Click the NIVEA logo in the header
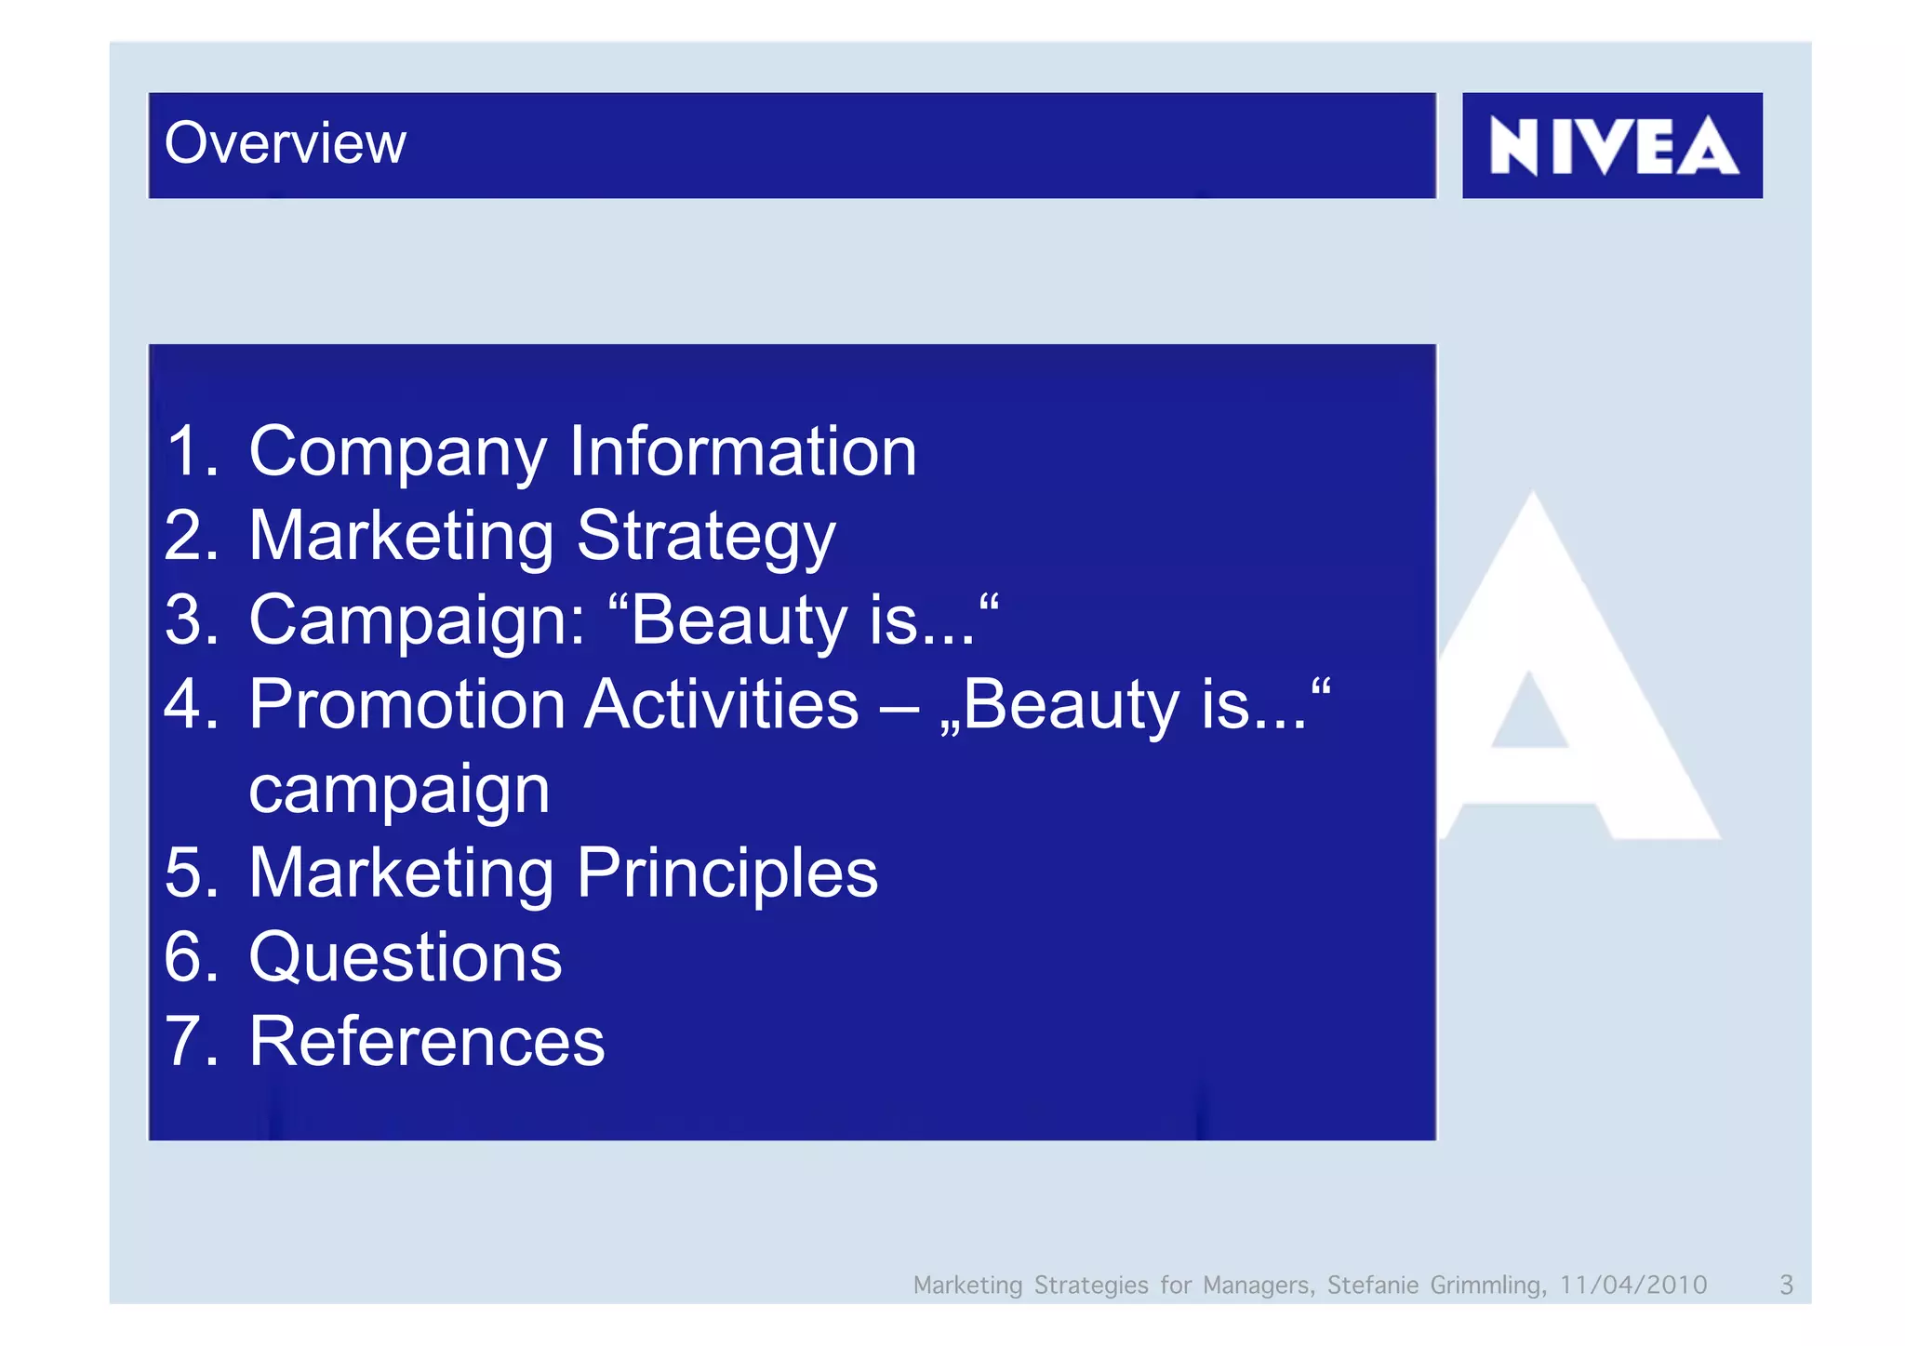click(1612, 146)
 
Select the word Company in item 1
click(397, 452)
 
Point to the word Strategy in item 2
click(706, 538)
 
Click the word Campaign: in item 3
click(418, 621)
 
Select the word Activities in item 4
click(722, 704)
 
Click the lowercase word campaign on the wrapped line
click(399, 790)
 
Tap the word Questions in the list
click(405, 957)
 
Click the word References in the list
click(426, 1042)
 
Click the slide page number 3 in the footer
click(1785, 1285)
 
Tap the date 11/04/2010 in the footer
click(1632, 1285)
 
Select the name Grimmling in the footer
click(1487, 1285)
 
